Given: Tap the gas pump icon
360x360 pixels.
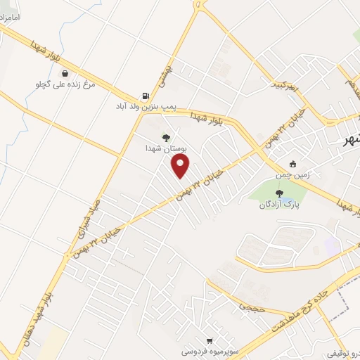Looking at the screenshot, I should click(145, 96).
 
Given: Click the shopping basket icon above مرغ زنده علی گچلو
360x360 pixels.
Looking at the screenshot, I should click(65, 73).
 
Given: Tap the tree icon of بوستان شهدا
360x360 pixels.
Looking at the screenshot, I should click(166, 138).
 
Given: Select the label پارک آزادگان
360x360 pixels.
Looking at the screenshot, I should click(275, 205).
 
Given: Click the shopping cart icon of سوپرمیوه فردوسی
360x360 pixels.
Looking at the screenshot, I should click(209, 340).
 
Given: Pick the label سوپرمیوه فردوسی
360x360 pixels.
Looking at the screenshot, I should click(207, 350).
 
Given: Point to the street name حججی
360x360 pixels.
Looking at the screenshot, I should click(251, 307).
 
